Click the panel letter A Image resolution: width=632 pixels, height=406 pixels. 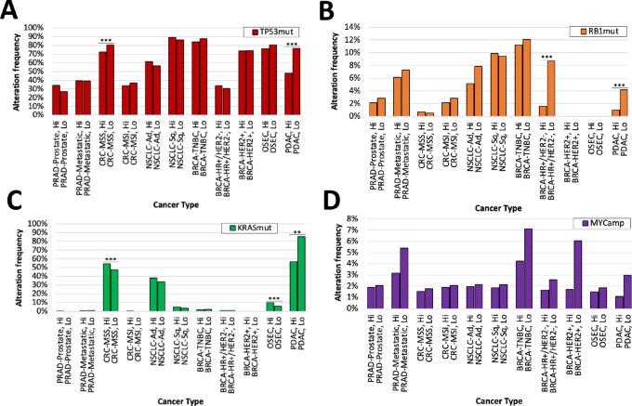(11, 10)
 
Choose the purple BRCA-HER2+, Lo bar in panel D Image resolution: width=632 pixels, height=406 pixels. (577, 274)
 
